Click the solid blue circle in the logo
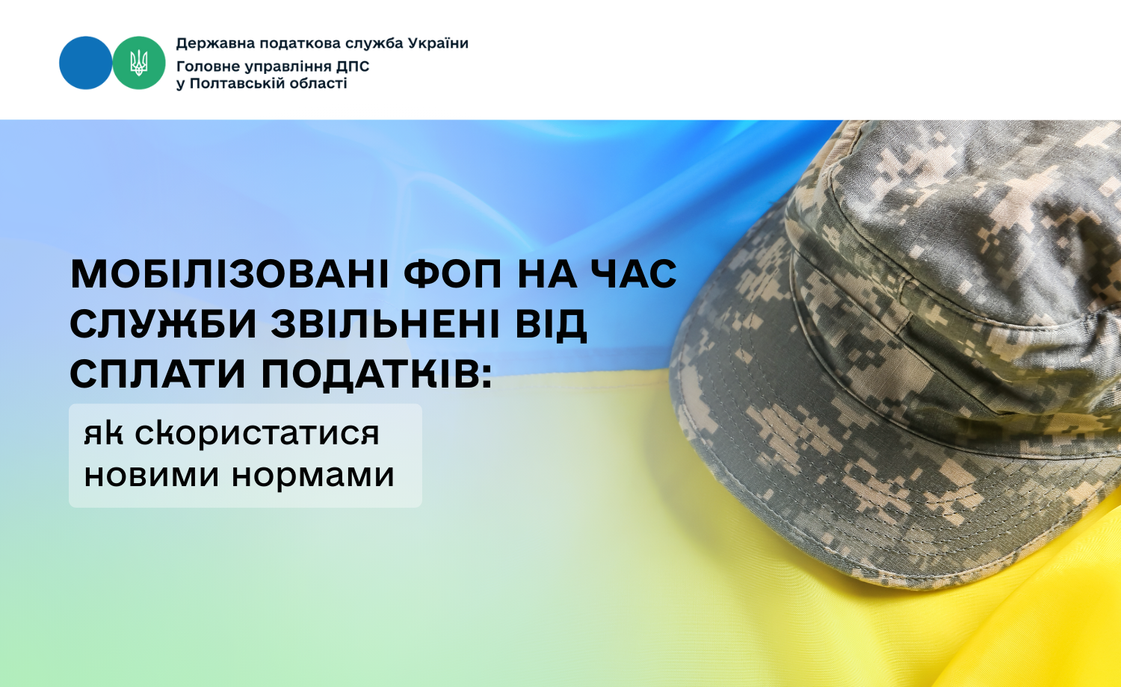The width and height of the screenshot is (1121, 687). point(86,63)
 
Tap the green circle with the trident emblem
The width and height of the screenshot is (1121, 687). point(138,63)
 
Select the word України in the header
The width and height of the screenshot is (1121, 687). point(438,43)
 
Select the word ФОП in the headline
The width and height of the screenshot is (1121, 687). point(453,274)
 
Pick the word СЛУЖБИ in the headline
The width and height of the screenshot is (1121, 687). point(164,324)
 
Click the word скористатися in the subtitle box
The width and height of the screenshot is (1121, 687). point(257,433)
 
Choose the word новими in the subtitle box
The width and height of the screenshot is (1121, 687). point(152,475)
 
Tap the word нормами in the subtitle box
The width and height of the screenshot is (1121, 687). point(313,476)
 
